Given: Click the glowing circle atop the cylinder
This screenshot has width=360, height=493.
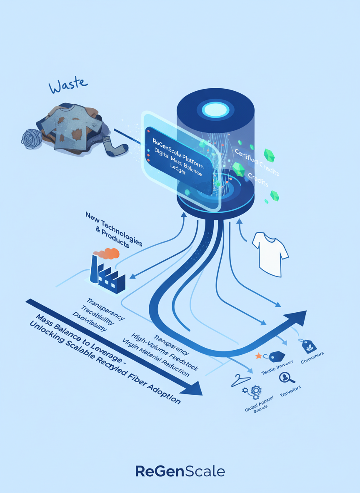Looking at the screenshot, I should point(215,109).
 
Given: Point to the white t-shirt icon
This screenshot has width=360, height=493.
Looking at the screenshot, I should point(270,254).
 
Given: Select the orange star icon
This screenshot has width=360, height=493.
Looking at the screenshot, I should point(258,356).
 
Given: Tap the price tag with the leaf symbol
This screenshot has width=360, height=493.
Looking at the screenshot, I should point(308,346).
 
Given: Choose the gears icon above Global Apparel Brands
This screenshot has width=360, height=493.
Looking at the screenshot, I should point(251,392).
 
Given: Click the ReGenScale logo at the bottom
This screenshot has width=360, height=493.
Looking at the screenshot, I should point(180,471).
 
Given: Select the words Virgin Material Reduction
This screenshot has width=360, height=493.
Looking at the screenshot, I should point(156,358).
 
